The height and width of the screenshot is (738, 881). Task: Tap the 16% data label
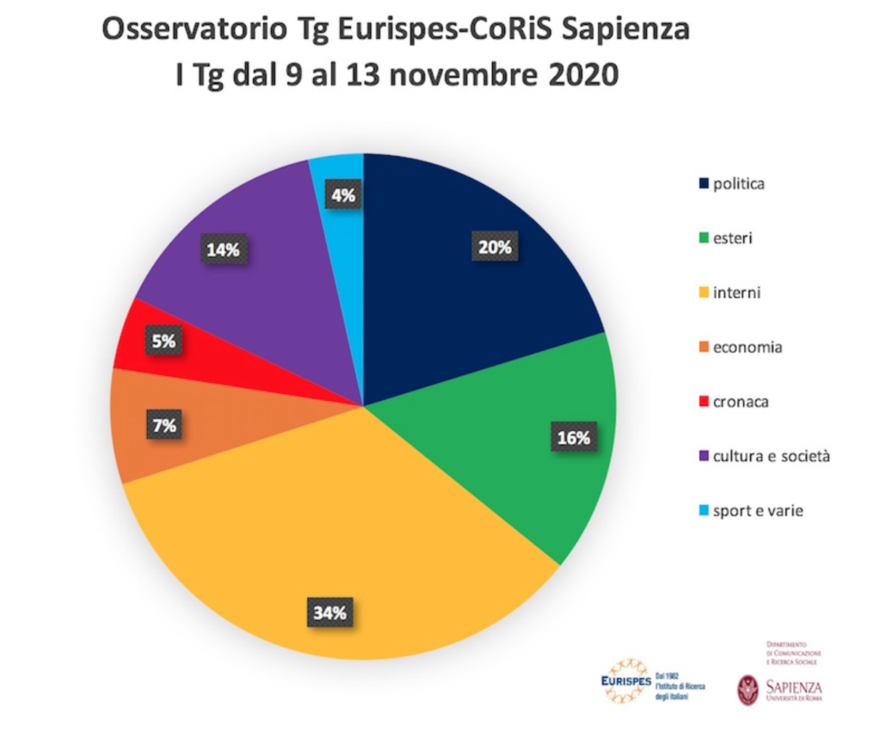pos(573,438)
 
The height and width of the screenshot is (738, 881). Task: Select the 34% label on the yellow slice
pos(329,612)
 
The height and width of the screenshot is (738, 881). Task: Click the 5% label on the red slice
pos(163,341)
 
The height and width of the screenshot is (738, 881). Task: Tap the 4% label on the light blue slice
pos(342,195)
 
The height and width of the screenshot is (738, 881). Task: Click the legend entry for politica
pos(732,183)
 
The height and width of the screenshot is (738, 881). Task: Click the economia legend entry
pos(740,347)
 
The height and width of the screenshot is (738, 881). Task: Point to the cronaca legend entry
pos(736,402)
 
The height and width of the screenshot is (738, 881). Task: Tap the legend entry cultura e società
pos(762,457)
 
